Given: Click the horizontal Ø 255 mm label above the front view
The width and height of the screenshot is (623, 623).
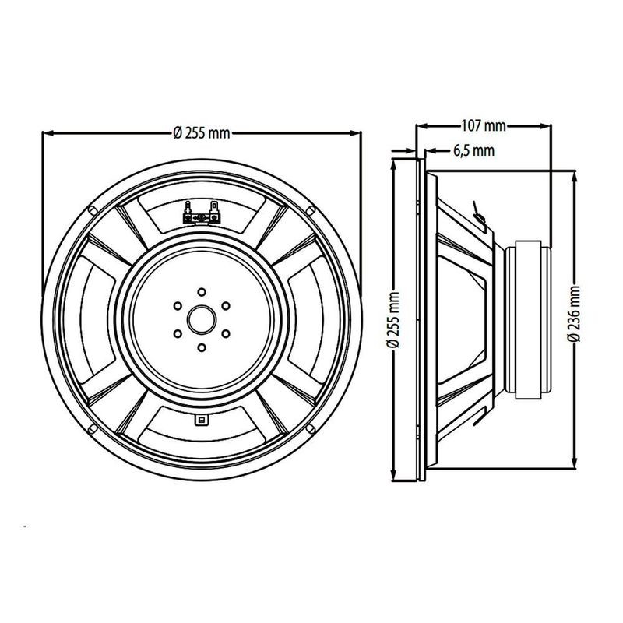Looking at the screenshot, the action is point(202,132).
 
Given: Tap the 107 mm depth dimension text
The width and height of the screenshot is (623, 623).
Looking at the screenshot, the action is point(483,126).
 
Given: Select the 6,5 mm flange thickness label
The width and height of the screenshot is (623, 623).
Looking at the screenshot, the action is point(473,150).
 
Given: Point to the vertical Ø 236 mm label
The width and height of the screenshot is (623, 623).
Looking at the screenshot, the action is point(574,314).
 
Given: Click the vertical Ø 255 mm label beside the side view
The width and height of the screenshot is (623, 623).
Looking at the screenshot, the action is point(392,319).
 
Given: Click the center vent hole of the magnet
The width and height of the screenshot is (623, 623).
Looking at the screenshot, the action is point(202,320).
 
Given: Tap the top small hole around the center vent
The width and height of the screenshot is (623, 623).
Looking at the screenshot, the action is point(202,292).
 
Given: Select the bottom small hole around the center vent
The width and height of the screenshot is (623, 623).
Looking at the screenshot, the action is point(202,347).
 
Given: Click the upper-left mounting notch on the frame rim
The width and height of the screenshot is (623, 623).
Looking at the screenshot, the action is point(92,210).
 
